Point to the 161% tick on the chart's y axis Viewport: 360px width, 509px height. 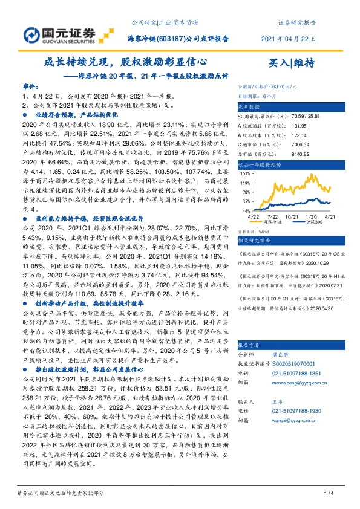point(244,173)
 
